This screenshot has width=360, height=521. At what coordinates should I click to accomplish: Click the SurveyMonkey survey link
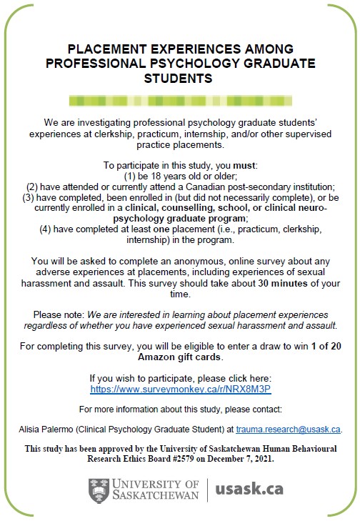(x=180, y=389)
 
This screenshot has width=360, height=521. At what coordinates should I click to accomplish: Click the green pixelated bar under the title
(x=180, y=99)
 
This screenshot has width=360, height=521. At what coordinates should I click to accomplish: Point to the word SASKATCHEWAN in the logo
(x=157, y=496)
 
